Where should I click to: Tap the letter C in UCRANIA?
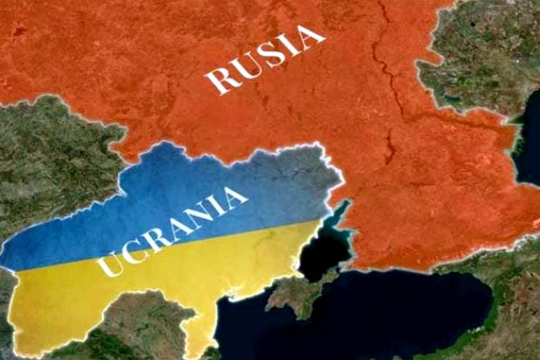point(134,251)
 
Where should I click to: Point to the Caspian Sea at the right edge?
point(529,146)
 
